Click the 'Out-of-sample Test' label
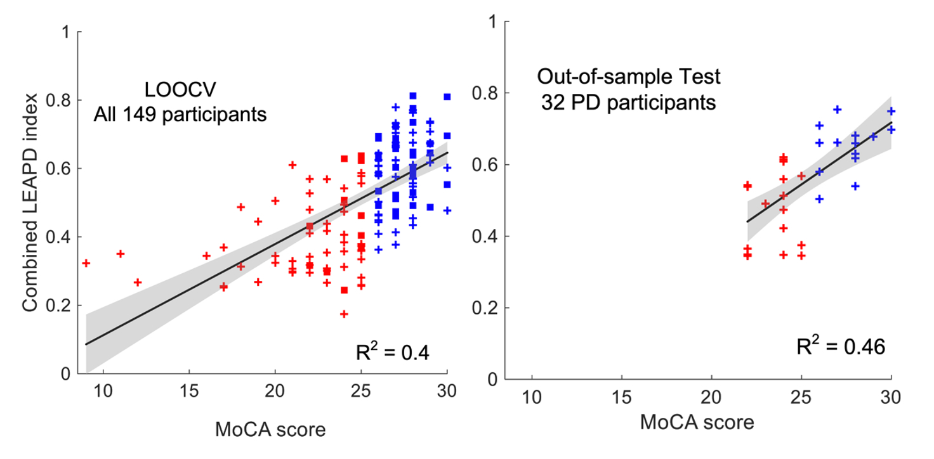coord(629,78)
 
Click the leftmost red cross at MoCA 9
coord(86,262)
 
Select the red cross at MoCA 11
coord(121,254)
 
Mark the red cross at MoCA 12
coord(138,282)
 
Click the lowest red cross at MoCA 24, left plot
coord(344,314)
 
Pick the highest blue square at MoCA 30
coord(447,96)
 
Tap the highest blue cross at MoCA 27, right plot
coord(837,110)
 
